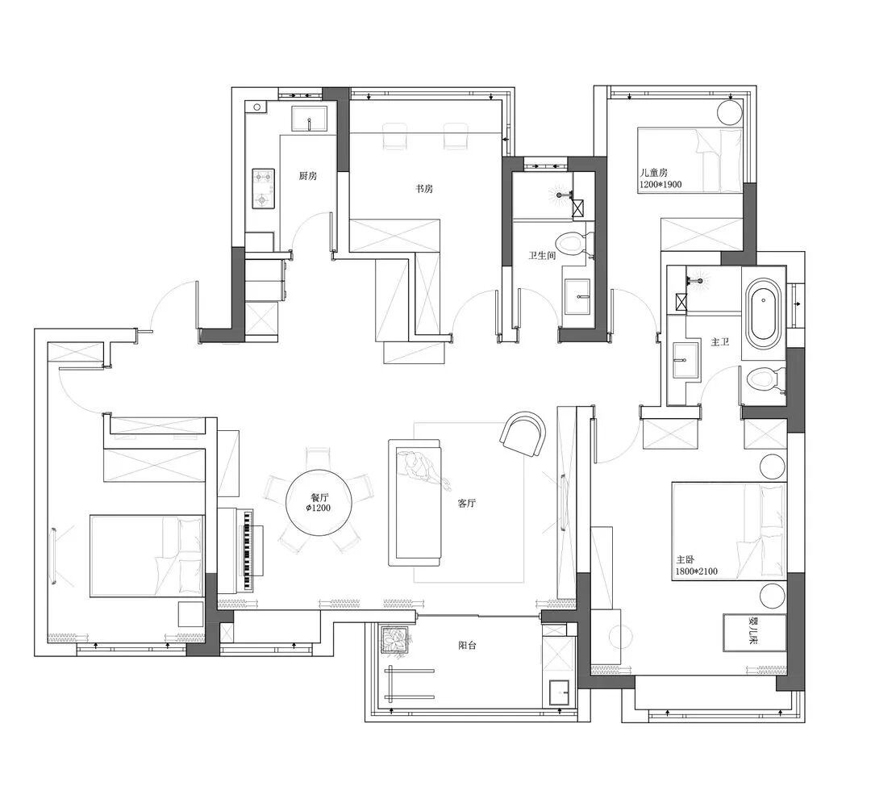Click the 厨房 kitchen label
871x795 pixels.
pos(308,176)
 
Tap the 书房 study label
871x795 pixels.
pos(424,189)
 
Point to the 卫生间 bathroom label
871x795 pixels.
pos(542,256)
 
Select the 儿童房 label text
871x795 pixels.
pos(654,173)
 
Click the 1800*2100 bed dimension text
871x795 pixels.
pos(697,571)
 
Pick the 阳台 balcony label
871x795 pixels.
pos(467,646)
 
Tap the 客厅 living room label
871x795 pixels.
pos(467,504)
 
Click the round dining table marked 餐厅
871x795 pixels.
pos(319,503)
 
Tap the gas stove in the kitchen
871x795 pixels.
pos(263,189)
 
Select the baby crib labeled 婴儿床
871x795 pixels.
pos(754,633)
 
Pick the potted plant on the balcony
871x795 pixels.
pos(395,639)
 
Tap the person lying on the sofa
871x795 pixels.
pos(422,468)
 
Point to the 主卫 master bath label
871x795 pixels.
pos(720,342)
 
